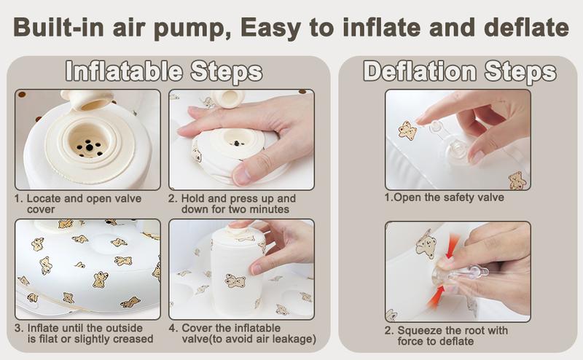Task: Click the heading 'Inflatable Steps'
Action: (x=163, y=72)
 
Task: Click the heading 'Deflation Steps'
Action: (x=459, y=72)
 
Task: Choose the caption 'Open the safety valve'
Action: (x=441, y=197)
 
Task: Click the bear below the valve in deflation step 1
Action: (x=517, y=179)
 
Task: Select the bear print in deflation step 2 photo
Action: (x=426, y=245)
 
